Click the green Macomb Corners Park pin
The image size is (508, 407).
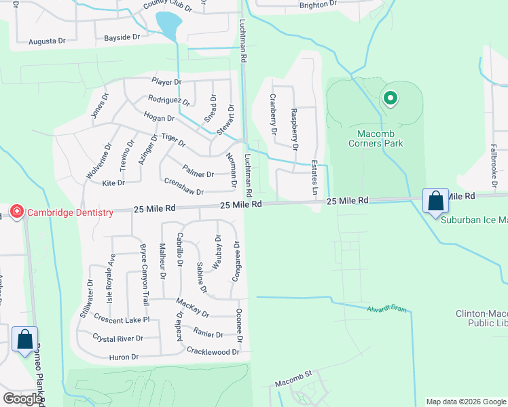coord(390,99)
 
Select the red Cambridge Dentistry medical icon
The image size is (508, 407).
coord(17,212)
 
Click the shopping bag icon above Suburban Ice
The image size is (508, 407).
coord(435,201)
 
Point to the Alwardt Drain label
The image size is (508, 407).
coord(390,309)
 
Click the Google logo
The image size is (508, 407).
coord(22,398)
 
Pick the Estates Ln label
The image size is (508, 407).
coord(314,178)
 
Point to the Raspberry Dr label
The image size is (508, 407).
coord(294,128)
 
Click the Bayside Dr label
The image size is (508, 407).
coord(122,38)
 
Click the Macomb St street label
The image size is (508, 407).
coord(293,374)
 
